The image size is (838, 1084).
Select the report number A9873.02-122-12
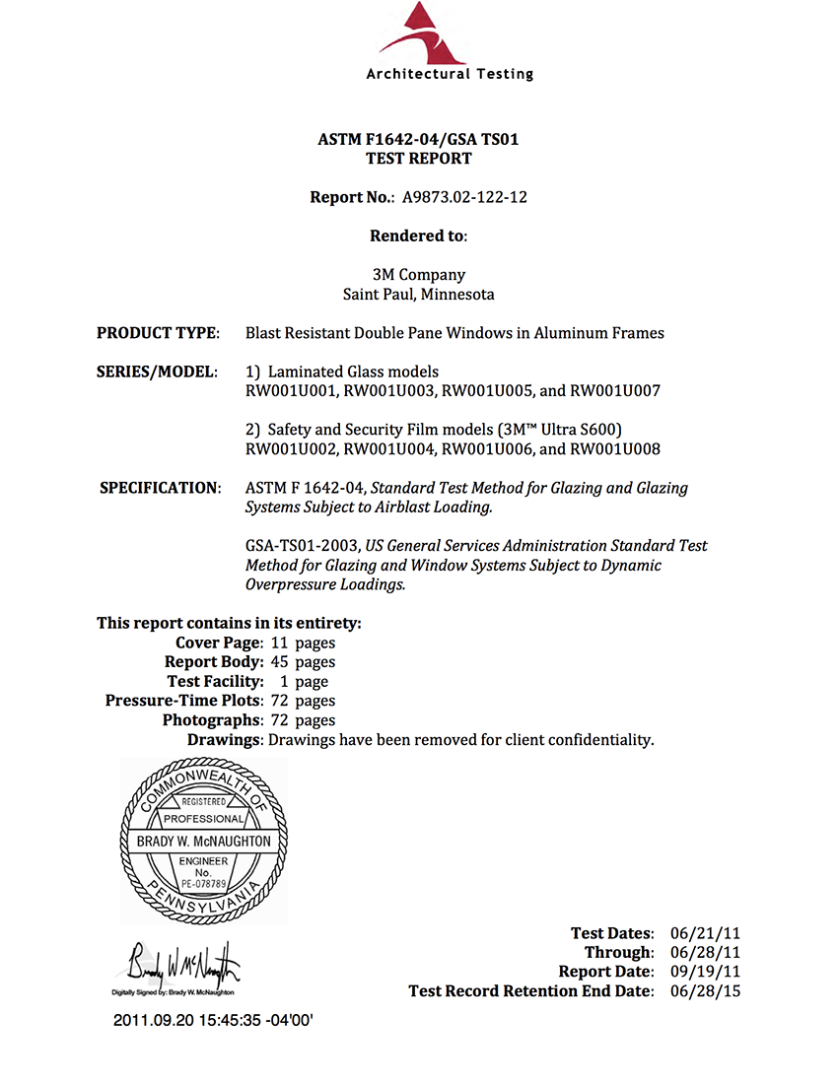[464, 197]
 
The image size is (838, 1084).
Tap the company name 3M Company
[418, 275]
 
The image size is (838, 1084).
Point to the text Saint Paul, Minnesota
[418, 294]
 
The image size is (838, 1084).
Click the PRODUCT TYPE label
[156, 333]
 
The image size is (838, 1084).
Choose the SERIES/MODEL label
[156, 372]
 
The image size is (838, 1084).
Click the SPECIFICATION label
[159, 488]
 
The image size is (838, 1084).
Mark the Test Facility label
[215, 682]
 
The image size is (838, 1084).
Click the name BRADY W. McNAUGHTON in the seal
[204, 841]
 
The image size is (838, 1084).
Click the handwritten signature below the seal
[182, 961]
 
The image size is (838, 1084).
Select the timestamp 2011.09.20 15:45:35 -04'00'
[214, 1020]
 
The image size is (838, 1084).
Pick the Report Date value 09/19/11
[705, 972]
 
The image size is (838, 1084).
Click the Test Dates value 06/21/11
[705, 933]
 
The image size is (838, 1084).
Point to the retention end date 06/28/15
[705, 991]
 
